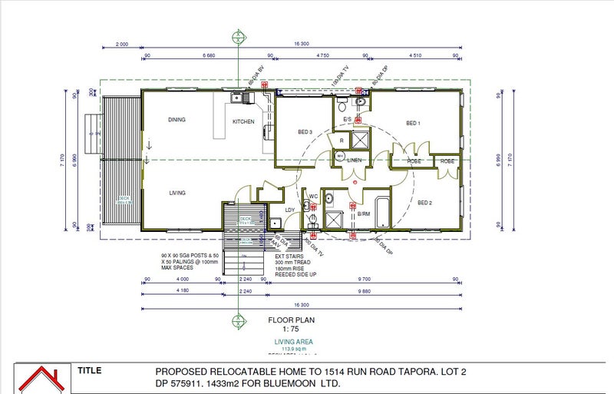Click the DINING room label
(177, 120)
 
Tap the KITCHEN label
(244, 122)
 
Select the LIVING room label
(177, 193)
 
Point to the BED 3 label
(305, 132)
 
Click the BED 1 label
(413, 123)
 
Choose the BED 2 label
(425, 202)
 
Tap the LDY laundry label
(290, 209)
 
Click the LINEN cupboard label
(354, 161)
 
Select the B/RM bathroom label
(364, 214)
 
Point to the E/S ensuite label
(347, 120)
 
